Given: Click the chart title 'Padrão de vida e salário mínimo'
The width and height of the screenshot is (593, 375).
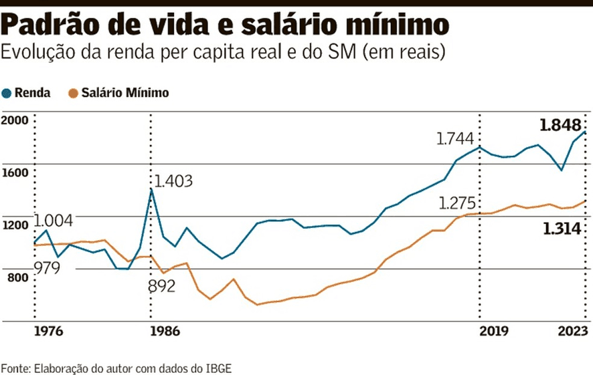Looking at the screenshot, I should (x=225, y=25).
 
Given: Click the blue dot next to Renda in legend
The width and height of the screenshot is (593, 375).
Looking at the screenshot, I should (x=7, y=94).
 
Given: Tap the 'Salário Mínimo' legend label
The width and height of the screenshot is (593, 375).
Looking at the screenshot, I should (x=125, y=94).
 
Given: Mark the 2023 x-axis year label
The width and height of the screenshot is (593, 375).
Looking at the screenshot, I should (x=572, y=331).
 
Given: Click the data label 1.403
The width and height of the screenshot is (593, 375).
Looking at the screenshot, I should (x=173, y=181).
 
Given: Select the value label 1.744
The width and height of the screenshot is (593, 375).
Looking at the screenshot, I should (x=456, y=140).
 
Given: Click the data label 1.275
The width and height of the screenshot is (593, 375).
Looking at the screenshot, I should (x=457, y=204).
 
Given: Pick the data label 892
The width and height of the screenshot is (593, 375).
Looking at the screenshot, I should (x=161, y=287).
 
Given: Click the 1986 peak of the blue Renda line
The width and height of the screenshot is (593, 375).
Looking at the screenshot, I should (x=151, y=189).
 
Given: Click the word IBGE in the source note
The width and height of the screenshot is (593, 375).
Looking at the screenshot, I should (x=220, y=368).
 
